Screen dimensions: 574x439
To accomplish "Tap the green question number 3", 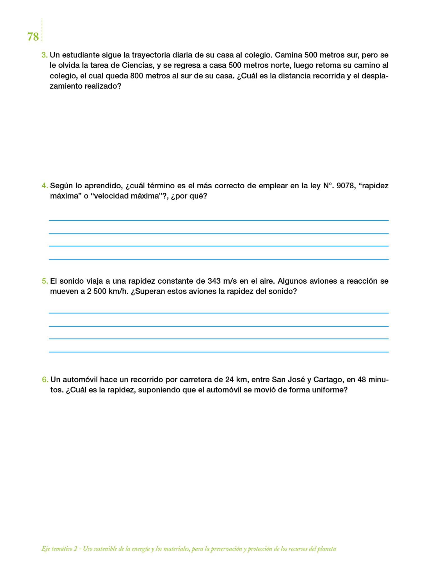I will click(44, 55).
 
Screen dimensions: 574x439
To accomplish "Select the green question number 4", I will click(44, 186).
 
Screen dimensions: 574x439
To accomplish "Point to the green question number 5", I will click(44, 281).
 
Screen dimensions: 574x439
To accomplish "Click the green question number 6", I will click(45, 379).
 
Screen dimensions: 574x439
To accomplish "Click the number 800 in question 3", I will click(137, 76).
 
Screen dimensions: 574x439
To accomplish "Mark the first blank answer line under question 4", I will click(219, 220).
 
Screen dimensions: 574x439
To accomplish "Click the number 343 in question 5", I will click(214, 281).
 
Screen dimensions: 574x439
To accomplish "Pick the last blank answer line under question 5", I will click(219, 352).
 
